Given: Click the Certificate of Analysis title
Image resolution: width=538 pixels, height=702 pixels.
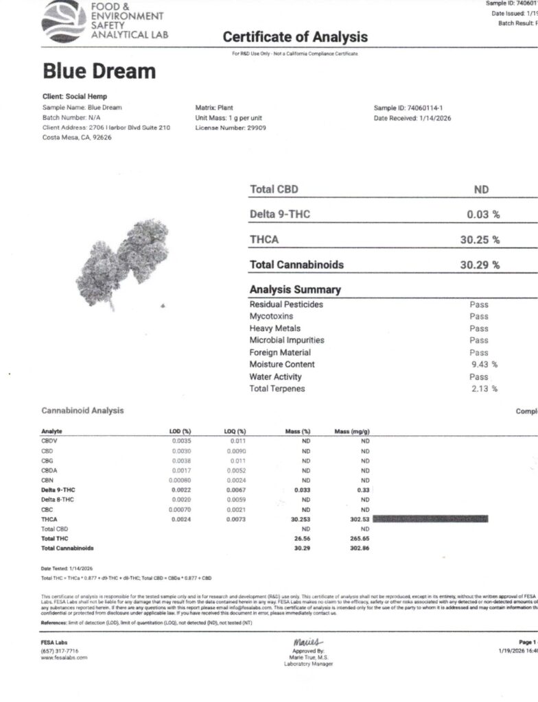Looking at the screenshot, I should [x=295, y=37].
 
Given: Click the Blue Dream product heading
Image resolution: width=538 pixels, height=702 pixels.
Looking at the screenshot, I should [x=99, y=71].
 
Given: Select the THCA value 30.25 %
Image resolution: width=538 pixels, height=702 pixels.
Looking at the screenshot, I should [x=480, y=240].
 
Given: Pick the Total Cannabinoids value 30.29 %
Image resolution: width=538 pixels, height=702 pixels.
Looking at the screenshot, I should [x=480, y=265].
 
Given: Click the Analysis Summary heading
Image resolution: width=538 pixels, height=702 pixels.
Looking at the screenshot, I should [x=295, y=289].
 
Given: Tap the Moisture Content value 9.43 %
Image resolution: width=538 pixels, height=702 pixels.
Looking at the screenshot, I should [x=483, y=365].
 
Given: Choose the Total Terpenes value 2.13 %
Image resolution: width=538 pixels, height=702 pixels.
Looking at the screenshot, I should [x=483, y=389].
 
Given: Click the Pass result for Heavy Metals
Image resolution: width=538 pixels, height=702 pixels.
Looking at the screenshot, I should [x=479, y=328].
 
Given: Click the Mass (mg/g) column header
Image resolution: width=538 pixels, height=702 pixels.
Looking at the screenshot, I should [x=351, y=432].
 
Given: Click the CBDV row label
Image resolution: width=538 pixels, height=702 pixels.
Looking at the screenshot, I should [x=51, y=441].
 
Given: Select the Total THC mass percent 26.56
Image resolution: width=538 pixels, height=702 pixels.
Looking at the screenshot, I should [x=302, y=540].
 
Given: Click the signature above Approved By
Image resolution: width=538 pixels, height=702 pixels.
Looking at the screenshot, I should [x=302, y=642].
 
